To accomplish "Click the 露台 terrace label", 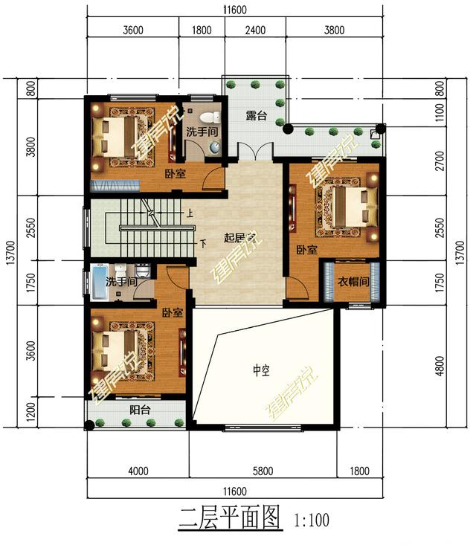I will (x=256, y=116).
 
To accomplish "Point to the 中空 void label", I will (x=260, y=370).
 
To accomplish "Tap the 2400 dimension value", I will (x=254, y=30).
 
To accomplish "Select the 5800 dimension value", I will (x=263, y=470).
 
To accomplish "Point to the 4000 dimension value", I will (x=138, y=470).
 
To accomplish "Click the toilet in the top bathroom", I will (x=215, y=117).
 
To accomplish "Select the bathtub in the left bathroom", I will (x=96, y=282).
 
